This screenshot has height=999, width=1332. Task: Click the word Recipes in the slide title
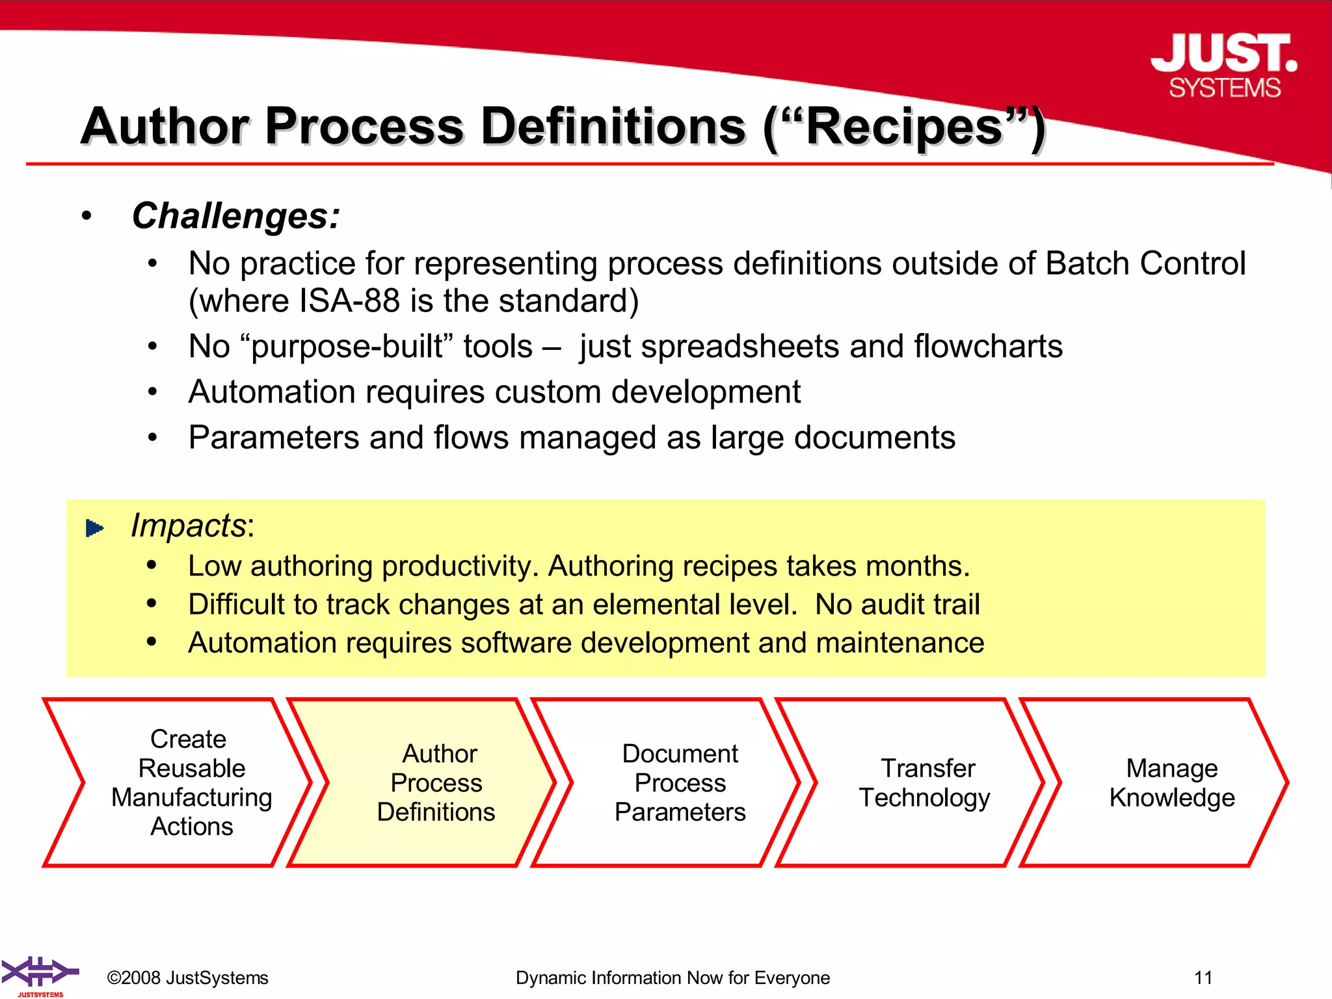904,127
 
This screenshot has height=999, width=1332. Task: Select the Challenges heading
235,216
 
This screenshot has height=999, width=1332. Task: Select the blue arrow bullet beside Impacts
95,527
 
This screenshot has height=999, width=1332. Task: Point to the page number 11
1203,978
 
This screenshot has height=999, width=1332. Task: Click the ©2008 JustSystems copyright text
187,978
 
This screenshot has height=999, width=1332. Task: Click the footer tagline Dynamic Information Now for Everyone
673,978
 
